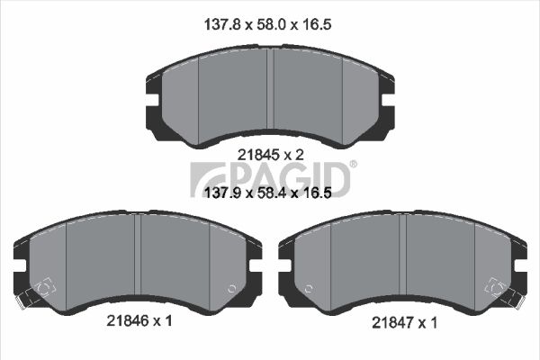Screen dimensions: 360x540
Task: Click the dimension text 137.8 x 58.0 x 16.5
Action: [x=271, y=27]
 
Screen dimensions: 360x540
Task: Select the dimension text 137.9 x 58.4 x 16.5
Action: [x=271, y=193]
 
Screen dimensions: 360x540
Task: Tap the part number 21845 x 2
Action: [x=271, y=155]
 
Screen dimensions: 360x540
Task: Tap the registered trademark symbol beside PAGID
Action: [x=353, y=164]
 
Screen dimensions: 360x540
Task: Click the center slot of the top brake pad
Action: [x=271, y=90]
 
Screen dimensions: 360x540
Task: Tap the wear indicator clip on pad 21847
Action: [x=498, y=288]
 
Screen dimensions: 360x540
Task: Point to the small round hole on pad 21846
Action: [x=232, y=289]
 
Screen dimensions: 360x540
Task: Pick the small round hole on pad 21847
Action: [x=307, y=289]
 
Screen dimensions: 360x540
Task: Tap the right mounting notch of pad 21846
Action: [x=258, y=261]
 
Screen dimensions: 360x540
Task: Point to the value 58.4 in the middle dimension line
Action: [x=271, y=193]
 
